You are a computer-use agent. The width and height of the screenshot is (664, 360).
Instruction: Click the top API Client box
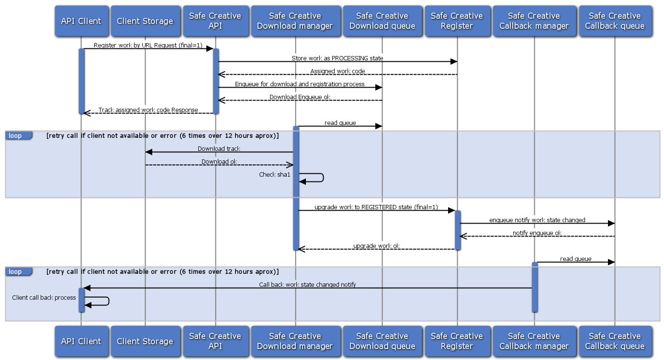81,21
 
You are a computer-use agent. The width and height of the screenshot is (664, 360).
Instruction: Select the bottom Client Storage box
145,341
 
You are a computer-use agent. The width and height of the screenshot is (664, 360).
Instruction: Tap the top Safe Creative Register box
457,21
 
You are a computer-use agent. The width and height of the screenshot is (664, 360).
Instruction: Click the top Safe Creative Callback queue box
615,21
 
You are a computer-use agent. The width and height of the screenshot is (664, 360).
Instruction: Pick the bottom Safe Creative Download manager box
295,341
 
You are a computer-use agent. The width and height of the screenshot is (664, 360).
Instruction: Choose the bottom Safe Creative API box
215,341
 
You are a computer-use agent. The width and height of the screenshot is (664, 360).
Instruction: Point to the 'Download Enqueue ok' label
300,97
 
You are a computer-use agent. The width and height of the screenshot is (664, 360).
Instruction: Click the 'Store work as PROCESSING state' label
338,58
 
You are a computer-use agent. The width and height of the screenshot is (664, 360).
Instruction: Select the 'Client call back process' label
44,298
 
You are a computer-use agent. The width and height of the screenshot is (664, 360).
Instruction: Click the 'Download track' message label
219,149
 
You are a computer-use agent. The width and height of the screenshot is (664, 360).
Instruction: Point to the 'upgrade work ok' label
376,246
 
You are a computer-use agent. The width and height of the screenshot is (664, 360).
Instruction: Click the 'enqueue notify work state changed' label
537,220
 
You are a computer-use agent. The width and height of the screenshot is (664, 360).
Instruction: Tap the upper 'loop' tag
15,136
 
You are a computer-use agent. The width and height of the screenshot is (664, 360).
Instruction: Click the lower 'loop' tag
15,272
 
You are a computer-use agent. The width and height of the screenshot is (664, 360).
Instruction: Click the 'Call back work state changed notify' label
307,284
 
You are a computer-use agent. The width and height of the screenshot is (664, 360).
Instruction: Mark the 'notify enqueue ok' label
537,233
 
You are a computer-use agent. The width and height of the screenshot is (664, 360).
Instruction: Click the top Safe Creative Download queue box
382,21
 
